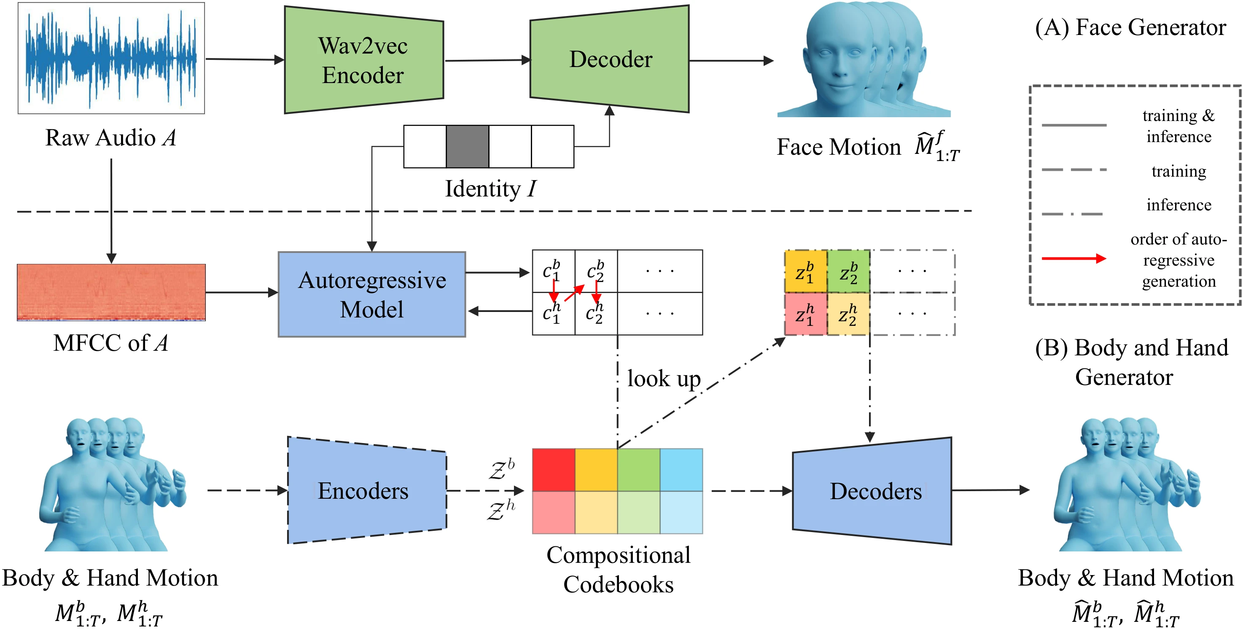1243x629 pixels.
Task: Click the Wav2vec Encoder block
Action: [363, 60]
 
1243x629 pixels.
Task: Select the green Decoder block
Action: [609, 59]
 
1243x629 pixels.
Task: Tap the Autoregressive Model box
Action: [371, 294]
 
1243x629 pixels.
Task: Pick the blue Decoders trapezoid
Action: [872, 491]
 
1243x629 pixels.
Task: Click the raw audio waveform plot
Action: [111, 58]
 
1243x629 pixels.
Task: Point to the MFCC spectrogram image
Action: [111, 292]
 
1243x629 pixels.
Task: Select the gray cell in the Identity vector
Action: [467, 147]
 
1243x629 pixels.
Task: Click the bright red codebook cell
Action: [554, 470]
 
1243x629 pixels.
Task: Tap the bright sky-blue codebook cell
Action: [681, 470]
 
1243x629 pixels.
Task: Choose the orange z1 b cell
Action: [806, 271]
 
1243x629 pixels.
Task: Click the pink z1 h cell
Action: [806, 314]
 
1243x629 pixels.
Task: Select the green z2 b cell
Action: [849, 271]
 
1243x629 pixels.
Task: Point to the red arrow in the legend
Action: [1073, 258]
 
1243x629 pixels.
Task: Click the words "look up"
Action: [664, 379]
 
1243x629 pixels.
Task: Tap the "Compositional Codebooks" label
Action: [618, 570]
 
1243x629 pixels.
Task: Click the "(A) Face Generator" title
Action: [1130, 27]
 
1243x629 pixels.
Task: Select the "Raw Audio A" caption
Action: [110, 138]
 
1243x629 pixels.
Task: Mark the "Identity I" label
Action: [490, 188]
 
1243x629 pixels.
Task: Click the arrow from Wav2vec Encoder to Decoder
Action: [487, 61]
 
